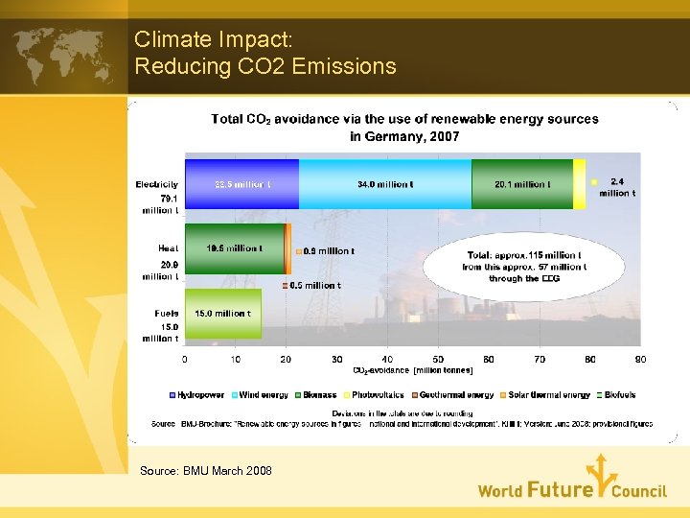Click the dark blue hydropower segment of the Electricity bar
click(x=241, y=184)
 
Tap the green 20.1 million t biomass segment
click(x=522, y=184)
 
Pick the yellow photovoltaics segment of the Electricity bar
click(x=579, y=184)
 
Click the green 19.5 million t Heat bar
click(x=235, y=248)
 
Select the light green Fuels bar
click(x=222, y=314)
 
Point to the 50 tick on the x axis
click(x=439, y=359)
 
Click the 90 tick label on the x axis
click(x=641, y=359)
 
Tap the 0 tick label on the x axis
click(x=185, y=359)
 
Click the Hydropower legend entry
click(x=197, y=395)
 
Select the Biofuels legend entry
click(x=614, y=395)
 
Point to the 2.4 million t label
click(x=616, y=187)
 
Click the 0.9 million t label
click(x=329, y=251)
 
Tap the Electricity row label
click(x=155, y=184)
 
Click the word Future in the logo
click(x=560, y=490)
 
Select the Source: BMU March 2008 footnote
click(x=205, y=470)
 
